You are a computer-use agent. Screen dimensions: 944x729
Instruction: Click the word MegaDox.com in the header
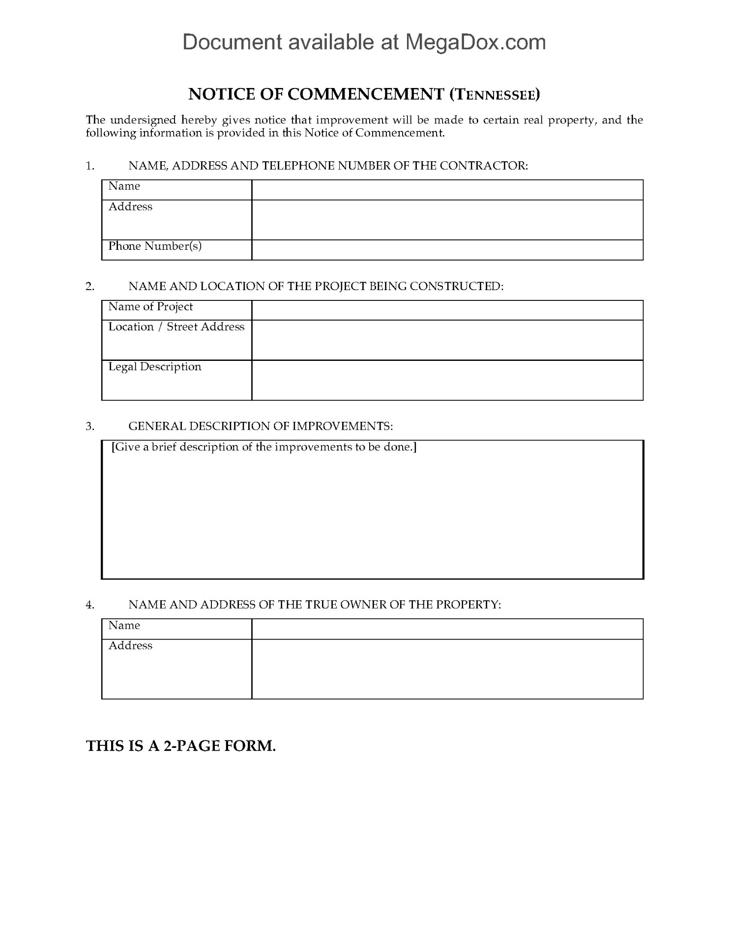coord(475,43)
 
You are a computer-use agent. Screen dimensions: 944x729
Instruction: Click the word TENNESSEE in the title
coord(495,94)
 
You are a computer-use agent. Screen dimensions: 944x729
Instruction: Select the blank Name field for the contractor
coord(447,190)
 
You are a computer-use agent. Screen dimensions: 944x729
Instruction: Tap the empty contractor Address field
coord(447,220)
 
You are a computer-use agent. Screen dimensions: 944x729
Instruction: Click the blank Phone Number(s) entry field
coord(447,250)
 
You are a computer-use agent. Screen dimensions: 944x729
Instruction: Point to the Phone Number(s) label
coord(155,246)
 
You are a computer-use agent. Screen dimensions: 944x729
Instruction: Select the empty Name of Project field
coord(447,310)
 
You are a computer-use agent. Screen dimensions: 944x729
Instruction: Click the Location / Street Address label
coord(176,327)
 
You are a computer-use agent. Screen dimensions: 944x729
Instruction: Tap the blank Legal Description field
coord(447,380)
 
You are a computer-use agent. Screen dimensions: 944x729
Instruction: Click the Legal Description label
coord(155,367)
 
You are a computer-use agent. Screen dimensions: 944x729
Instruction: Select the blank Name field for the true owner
coord(447,629)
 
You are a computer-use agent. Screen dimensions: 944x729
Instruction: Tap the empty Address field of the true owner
coord(447,669)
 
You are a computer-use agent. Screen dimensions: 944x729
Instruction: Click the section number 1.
coord(90,166)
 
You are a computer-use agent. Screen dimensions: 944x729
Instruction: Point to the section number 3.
coord(90,426)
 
